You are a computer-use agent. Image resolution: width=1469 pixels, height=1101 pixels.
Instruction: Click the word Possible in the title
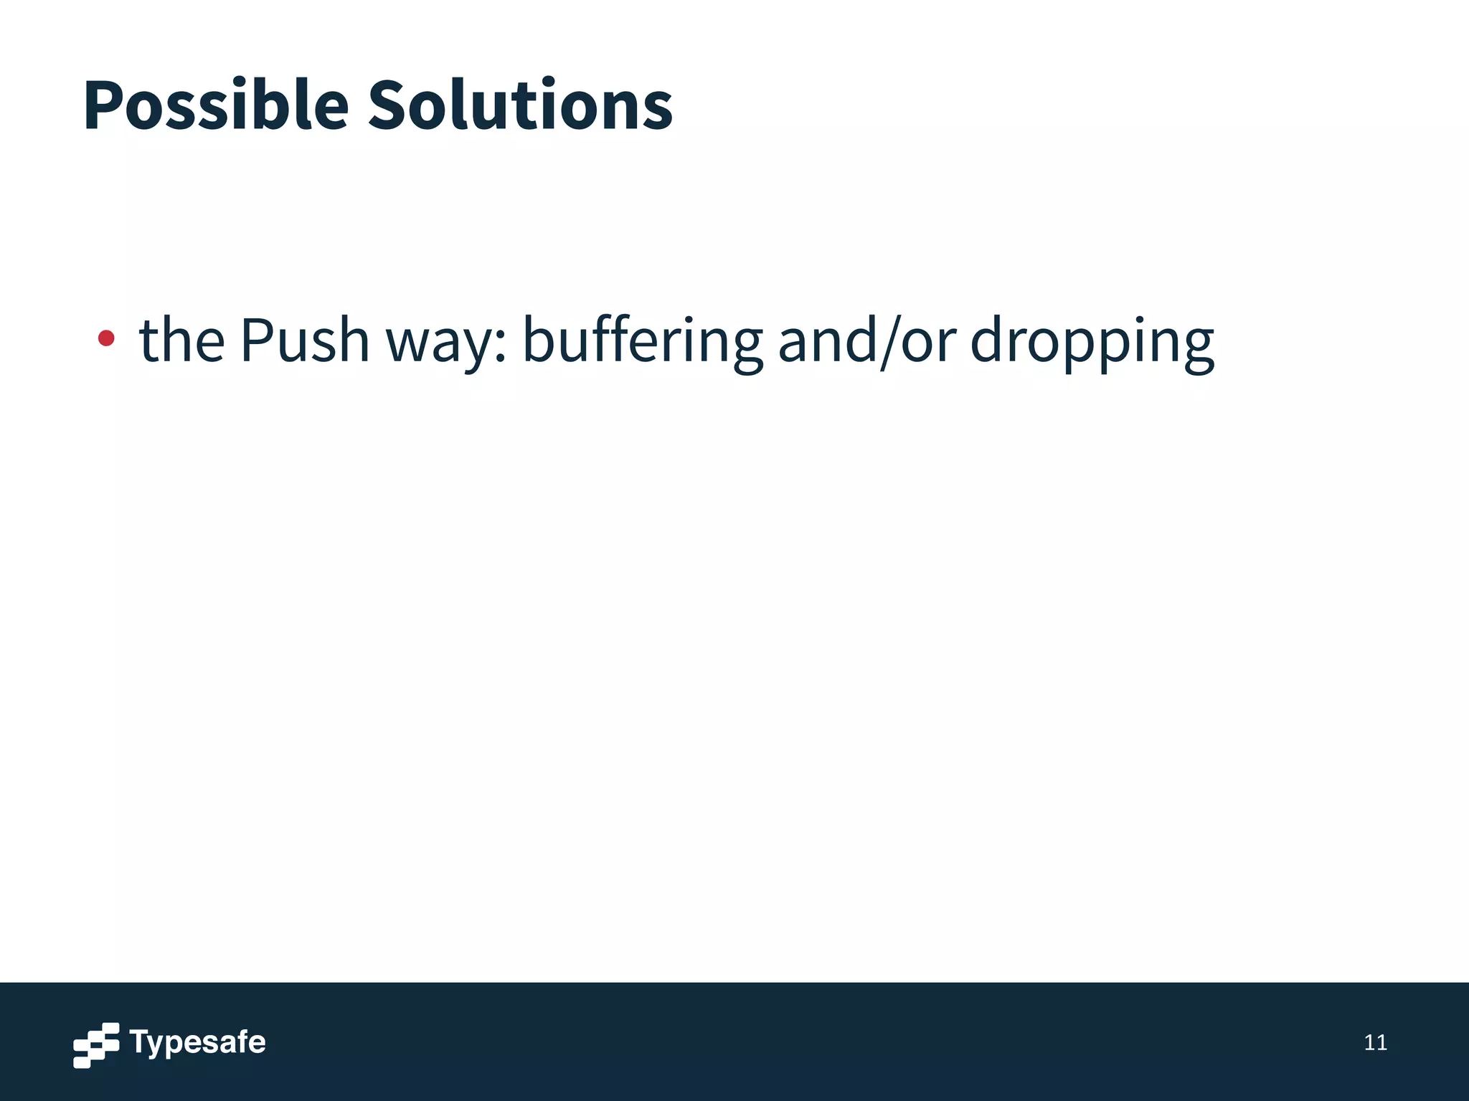[215, 106]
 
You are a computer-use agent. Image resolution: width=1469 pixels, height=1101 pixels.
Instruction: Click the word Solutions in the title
[520, 106]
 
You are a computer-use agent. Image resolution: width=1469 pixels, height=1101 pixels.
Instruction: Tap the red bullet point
[106, 338]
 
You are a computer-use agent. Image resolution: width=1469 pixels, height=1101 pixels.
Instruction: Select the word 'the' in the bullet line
[181, 340]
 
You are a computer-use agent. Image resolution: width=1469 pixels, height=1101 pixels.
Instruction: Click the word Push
[304, 340]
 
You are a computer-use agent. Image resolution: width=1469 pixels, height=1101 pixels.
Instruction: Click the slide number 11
[1375, 1043]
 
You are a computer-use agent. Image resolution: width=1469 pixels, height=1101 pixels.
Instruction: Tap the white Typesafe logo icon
[96, 1045]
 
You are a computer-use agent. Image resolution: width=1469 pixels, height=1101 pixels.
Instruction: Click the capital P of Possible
[102, 106]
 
